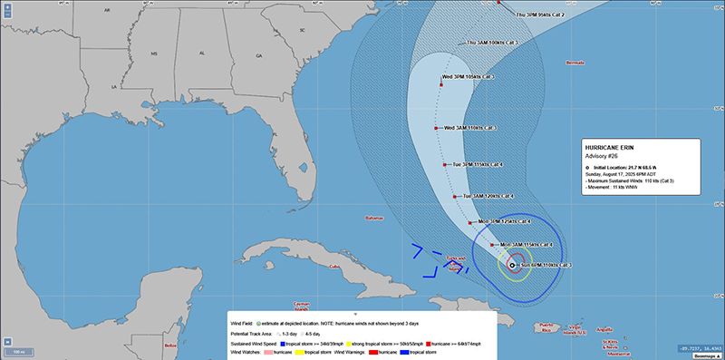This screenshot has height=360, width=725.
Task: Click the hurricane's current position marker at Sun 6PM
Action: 513,266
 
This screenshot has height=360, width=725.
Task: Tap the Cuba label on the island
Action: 334,267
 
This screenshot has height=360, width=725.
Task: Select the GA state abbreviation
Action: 258,56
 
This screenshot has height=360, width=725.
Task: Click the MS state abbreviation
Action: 154,54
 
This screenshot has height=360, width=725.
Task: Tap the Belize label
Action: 170,345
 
